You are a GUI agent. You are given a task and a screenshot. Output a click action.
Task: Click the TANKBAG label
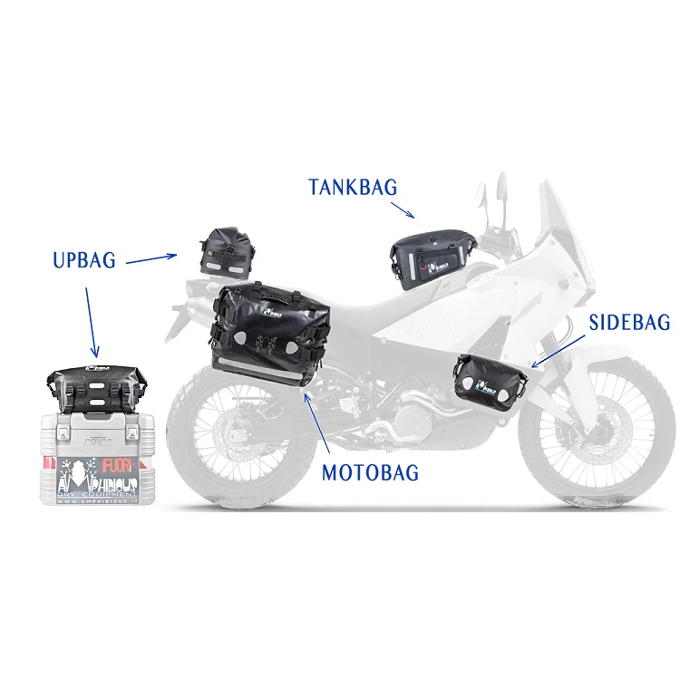coord(353,188)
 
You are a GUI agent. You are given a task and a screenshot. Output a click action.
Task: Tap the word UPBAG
coord(83,260)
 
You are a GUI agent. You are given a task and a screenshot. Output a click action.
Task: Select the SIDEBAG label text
coord(629,322)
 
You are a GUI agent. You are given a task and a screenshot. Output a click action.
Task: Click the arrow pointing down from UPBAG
coord(92,322)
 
